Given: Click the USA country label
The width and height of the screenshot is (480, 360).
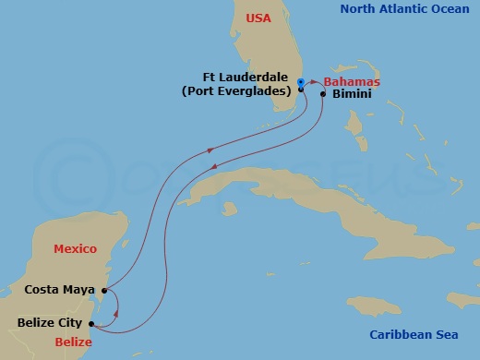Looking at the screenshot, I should [258, 18].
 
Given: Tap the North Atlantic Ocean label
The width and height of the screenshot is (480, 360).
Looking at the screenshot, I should [411, 9].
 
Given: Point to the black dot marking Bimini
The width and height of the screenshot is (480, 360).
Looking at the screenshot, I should [323, 94].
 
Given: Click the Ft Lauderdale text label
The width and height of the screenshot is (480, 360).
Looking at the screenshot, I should [248, 78].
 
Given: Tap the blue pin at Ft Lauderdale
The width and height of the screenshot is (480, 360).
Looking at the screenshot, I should [301, 83].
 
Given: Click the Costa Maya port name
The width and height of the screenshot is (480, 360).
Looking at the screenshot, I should [60, 290].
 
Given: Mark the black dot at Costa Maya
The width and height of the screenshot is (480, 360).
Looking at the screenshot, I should [104, 291].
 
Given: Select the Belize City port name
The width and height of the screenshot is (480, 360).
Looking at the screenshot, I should [50, 323].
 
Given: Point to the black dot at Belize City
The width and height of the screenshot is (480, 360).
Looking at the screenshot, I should [90, 323].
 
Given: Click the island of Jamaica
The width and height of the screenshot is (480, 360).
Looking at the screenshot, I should [373, 306].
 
